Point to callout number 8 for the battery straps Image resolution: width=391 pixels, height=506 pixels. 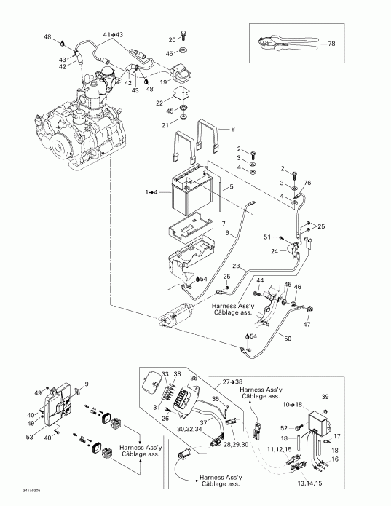click(233, 129)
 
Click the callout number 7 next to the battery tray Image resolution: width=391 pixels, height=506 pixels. click(224, 223)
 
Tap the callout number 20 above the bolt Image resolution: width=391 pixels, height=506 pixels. click(172, 39)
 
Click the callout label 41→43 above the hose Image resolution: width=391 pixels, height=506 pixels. click(113, 35)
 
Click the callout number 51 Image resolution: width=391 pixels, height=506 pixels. click(266, 236)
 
